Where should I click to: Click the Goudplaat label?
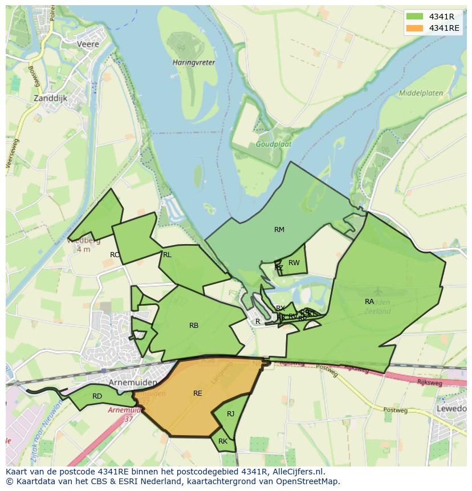pyautogui.click(x=274, y=144)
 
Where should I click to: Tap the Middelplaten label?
pyautogui.click(x=421, y=92)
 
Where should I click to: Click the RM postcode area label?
pyautogui.click(x=279, y=230)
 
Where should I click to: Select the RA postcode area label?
pyautogui.click(x=369, y=301)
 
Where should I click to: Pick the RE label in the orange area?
pyautogui.click(x=197, y=393)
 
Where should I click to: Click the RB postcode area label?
pyautogui.click(x=194, y=326)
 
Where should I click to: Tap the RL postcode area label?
pyautogui.click(x=167, y=255)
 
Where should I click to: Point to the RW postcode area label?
pyautogui.click(x=294, y=263)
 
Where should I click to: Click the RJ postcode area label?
pyautogui.click(x=230, y=414)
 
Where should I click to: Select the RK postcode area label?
pyautogui.click(x=222, y=441)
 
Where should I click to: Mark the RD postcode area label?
pyautogui.click(x=97, y=396)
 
